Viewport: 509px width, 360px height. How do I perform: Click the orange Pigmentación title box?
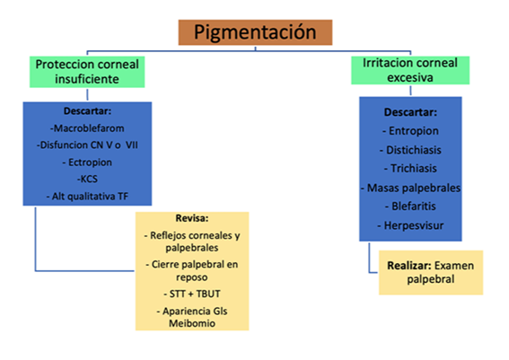click(255, 32)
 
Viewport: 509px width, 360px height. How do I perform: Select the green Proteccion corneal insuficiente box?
click(87, 72)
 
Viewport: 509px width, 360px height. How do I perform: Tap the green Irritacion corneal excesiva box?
click(410, 70)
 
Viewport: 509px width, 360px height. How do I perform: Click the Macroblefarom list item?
click(87, 128)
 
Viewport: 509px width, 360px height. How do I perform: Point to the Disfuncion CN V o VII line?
click(87, 145)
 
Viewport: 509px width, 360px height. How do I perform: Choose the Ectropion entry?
click(87, 162)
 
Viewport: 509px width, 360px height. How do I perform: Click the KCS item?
click(87, 179)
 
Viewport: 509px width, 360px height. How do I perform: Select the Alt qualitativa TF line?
click(87, 196)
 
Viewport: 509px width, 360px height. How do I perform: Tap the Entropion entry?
click(410, 131)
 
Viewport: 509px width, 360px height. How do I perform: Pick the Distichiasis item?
click(410, 150)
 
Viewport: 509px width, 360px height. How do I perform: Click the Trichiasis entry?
click(410, 168)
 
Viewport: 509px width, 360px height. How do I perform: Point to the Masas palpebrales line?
click(410, 188)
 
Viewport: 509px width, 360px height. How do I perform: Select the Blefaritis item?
click(410, 206)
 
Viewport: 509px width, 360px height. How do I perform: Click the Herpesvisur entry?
click(410, 225)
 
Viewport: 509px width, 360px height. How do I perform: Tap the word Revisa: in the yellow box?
click(192, 218)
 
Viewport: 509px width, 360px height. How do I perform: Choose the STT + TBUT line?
click(192, 294)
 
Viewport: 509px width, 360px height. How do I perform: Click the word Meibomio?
click(192, 323)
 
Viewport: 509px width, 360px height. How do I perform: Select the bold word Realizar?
click(409, 266)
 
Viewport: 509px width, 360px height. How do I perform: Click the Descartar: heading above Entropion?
click(410, 112)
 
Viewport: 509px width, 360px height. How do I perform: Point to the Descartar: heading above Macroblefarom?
click(87, 111)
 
